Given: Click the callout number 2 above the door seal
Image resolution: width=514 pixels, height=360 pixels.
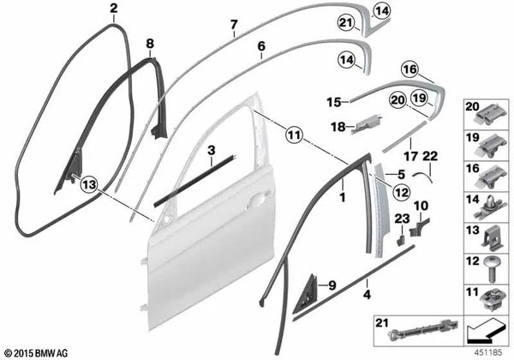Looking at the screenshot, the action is click(x=113, y=9).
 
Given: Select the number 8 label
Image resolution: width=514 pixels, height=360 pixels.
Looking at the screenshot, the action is click(x=150, y=43).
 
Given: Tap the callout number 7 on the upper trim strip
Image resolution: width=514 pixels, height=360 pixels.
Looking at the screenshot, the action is click(x=233, y=25).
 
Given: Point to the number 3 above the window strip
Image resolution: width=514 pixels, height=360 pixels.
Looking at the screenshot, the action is click(x=212, y=150).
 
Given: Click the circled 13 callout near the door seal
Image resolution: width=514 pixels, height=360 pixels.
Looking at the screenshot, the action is click(x=89, y=184).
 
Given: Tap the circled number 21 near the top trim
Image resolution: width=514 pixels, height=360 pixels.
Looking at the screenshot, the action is click(x=346, y=22).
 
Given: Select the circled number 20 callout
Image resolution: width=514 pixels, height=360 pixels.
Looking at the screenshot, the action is click(x=398, y=99).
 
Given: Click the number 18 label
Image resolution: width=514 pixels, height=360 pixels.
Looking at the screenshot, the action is click(x=338, y=126).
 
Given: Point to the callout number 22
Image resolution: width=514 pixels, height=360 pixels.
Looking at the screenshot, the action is click(x=430, y=156).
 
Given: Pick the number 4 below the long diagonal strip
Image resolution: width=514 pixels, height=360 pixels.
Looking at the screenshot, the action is click(x=368, y=294).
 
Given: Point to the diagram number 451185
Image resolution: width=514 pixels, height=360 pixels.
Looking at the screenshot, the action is click(x=488, y=352).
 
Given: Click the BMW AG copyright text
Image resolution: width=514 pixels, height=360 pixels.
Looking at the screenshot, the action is click(x=37, y=353).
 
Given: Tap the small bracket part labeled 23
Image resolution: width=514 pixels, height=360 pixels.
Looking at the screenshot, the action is click(x=401, y=239).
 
